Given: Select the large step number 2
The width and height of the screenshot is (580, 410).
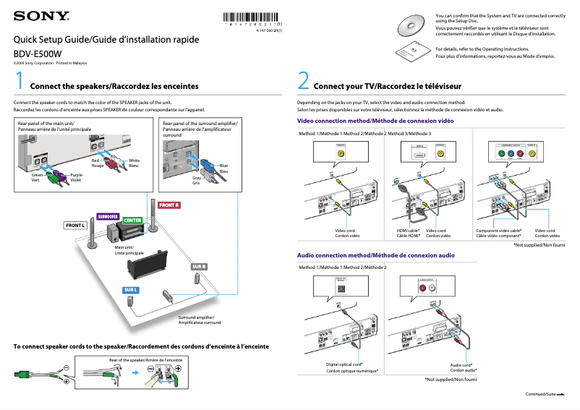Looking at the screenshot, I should click(x=304, y=80).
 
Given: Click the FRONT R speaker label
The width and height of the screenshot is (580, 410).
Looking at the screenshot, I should click(x=169, y=205).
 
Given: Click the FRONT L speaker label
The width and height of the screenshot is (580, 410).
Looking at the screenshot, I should click(x=76, y=226).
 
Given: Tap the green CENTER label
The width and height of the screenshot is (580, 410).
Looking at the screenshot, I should click(x=132, y=220).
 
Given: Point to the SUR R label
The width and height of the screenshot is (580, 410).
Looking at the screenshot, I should click(x=199, y=267).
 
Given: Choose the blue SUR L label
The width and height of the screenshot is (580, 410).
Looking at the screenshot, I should click(x=130, y=289).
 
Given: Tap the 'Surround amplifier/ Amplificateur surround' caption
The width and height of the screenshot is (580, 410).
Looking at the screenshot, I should click(x=200, y=320).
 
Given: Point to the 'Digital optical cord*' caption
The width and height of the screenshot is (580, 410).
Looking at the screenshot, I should click(x=344, y=364).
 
